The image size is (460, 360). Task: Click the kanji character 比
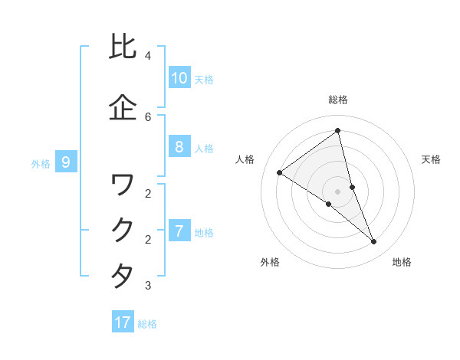pyautogui.click(x=123, y=47)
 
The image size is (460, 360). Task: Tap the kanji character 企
pyautogui.click(x=123, y=107)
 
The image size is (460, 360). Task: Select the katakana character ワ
pyautogui.click(x=123, y=185)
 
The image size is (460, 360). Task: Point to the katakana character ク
pyautogui.click(x=123, y=231)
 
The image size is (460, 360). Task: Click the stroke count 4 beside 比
pyautogui.click(x=148, y=56)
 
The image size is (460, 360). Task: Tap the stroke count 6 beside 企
pyautogui.click(x=148, y=116)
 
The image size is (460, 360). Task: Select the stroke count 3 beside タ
pyautogui.click(x=148, y=286)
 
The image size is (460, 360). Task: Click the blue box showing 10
pyautogui.click(x=179, y=78)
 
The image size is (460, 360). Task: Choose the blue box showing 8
pyautogui.click(x=179, y=147)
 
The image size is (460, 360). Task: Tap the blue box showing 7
pyautogui.click(x=179, y=231)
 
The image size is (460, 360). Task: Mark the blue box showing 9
pyautogui.click(x=67, y=162)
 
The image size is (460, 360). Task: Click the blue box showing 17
pyautogui.click(x=123, y=322)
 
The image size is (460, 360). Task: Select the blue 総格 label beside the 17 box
pyautogui.click(x=147, y=324)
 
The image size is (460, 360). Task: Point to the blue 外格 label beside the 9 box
pyautogui.click(x=41, y=163)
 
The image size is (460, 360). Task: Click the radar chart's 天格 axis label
pyautogui.click(x=431, y=159)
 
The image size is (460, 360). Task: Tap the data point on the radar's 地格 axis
pyautogui.click(x=374, y=242)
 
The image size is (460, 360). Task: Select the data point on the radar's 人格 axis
pyautogui.click(x=279, y=172)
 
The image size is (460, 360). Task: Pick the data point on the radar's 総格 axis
pyautogui.click(x=337, y=130)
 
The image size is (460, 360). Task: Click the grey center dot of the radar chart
pyautogui.click(x=337, y=191)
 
